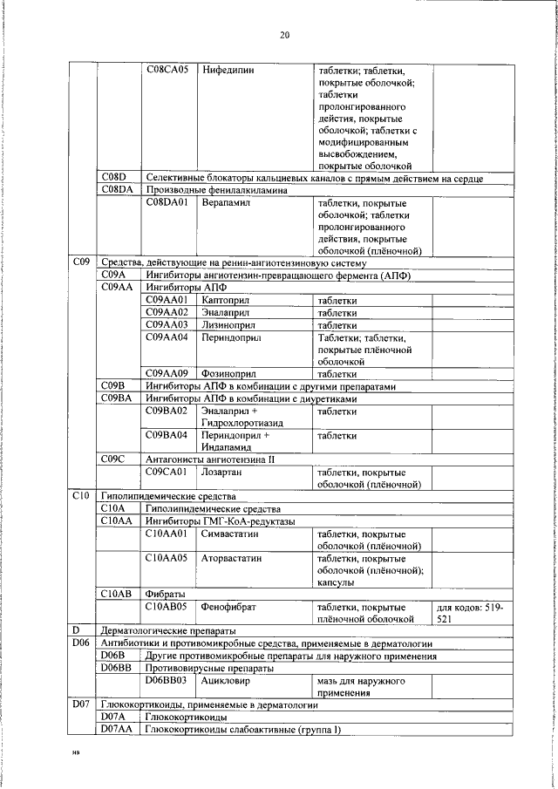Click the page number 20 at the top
pos(284,36)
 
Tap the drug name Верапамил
pos(226,203)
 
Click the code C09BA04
pos(167,434)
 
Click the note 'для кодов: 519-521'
pos(474,612)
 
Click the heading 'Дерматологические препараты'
pos(168,630)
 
